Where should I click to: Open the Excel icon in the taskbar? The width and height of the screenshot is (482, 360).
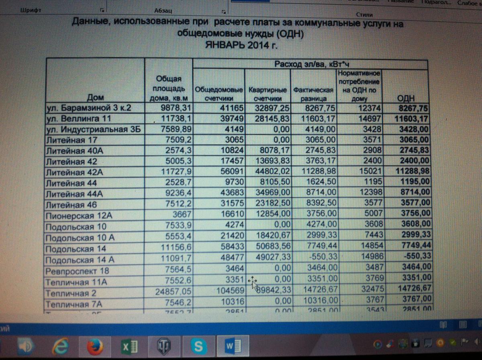[x=129, y=346]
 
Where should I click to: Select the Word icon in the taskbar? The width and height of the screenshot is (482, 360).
[x=231, y=346]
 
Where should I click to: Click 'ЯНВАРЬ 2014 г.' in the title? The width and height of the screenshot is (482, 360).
[x=241, y=44]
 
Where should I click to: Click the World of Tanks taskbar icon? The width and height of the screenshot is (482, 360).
[x=163, y=346]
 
